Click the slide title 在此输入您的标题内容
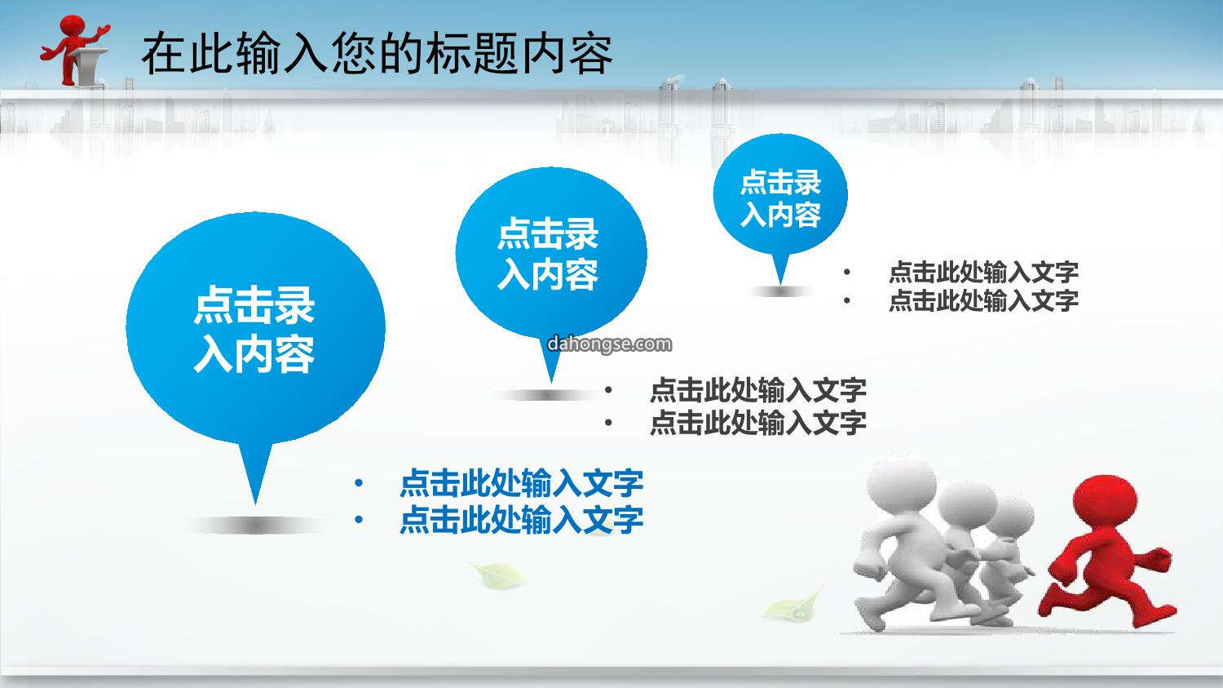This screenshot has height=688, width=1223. point(377,54)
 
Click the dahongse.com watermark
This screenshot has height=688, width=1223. point(609,344)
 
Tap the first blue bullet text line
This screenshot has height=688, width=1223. point(522,483)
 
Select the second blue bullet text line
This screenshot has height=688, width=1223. point(522,519)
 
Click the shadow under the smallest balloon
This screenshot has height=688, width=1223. point(780,292)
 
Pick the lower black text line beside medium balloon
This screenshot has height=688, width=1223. point(758,423)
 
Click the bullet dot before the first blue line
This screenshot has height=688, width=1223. point(358,483)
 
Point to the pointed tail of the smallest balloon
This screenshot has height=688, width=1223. point(780,284)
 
